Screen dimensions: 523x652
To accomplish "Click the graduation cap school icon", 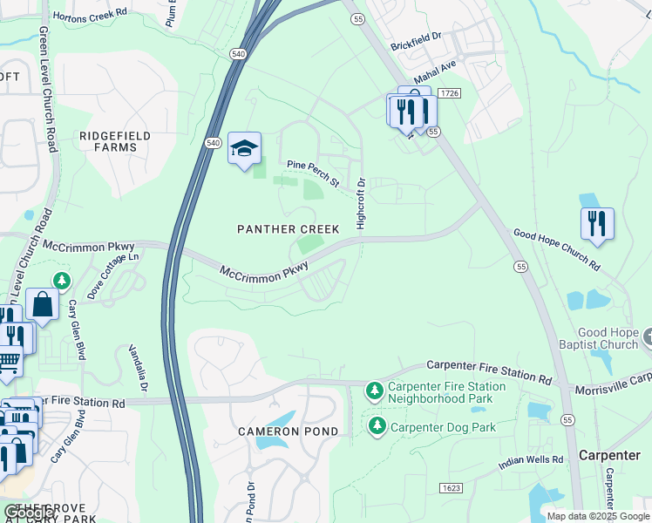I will click(x=245, y=148).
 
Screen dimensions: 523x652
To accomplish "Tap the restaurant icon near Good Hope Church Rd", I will click(x=597, y=223).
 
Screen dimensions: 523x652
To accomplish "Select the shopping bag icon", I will click(x=42, y=304).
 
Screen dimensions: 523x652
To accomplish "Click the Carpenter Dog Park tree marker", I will click(x=377, y=426).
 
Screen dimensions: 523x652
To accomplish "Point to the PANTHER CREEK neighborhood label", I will click(x=289, y=229).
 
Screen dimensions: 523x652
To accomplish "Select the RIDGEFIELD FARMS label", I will click(x=115, y=141).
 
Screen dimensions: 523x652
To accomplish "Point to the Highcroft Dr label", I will click(x=361, y=204).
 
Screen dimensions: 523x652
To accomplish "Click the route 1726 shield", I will click(x=449, y=93).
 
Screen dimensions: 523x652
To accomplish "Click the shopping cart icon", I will click(x=7, y=360).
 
